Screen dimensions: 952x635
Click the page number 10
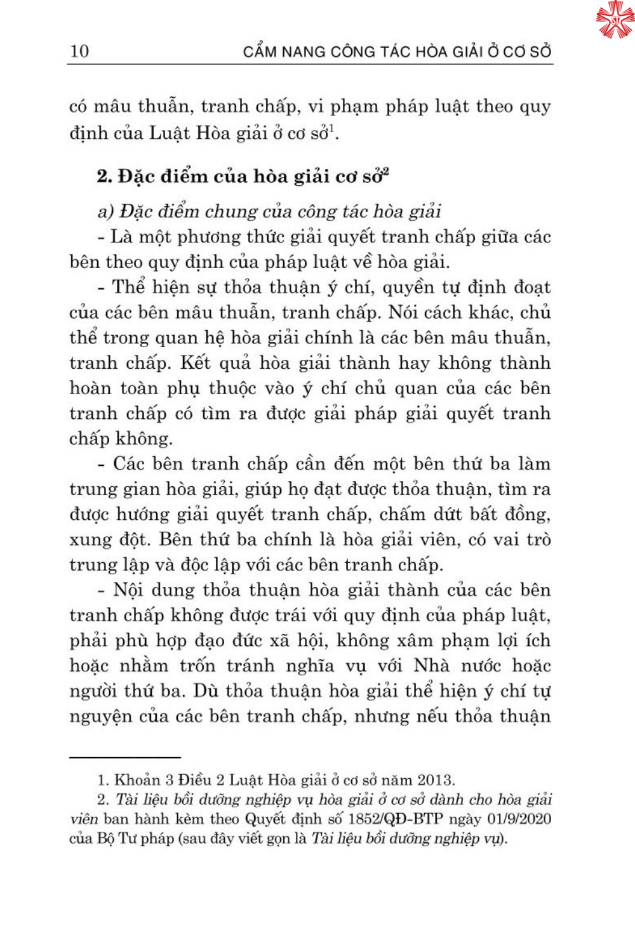pos(79,51)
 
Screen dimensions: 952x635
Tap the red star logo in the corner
pos(615,20)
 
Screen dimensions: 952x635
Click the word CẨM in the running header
pos(260,51)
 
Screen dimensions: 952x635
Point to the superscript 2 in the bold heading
pos(385,171)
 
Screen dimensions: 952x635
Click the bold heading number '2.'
pos(105,176)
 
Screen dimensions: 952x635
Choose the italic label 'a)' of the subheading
pos(105,211)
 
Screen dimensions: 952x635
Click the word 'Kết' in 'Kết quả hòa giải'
pos(195,362)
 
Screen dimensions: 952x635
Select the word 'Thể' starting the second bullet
pos(129,287)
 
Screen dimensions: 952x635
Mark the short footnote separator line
pos(125,757)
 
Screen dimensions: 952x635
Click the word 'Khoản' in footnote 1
pos(135,780)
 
